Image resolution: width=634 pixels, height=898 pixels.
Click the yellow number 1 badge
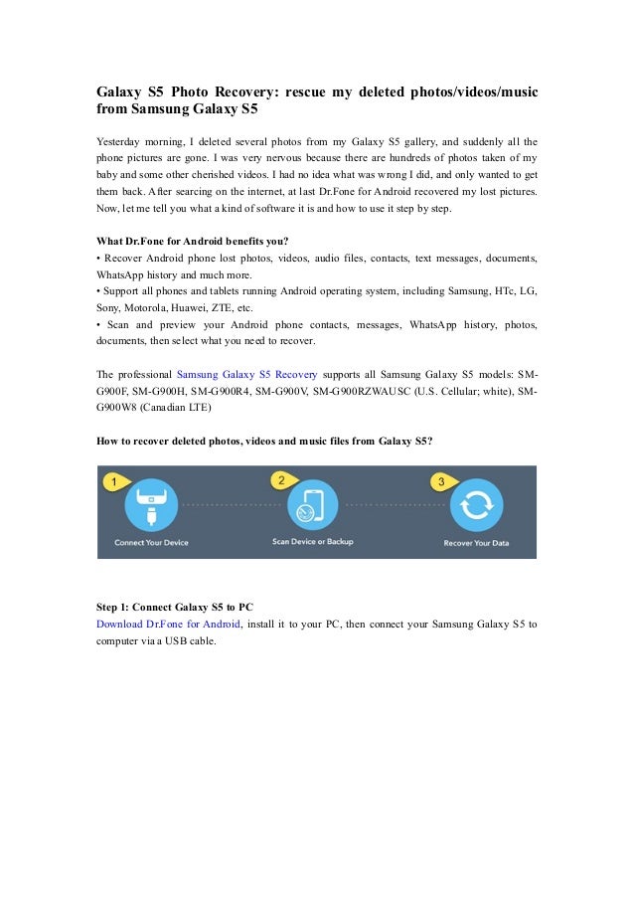click(x=113, y=481)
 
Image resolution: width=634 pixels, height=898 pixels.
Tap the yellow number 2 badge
click(x=281, y=480)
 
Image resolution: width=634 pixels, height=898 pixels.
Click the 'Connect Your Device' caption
click(x=150, y=543)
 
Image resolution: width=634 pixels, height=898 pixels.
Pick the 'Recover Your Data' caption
click(x=476, y=543)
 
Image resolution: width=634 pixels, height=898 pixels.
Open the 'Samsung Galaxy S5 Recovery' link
click(x=246, y=374)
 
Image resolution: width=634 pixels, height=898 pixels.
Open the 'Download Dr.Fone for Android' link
click(x=168, y=624)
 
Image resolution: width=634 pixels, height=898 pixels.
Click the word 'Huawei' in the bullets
click(x=202, y=307)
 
